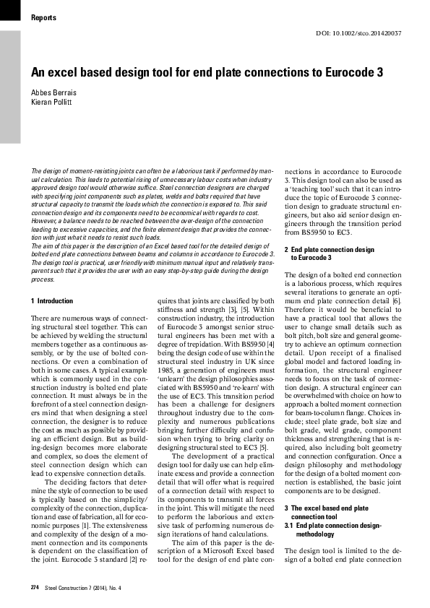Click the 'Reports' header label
point(44,17)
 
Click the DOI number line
point(359,34)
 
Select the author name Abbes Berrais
point(52,92)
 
